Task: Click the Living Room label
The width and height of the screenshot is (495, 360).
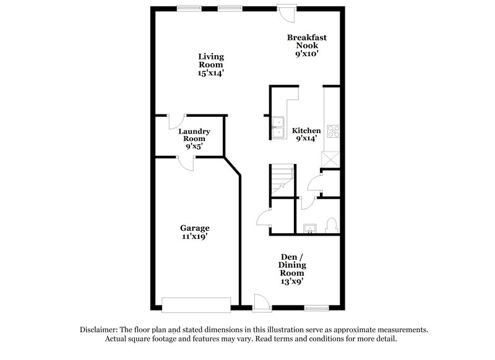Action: click(x=210, y=64)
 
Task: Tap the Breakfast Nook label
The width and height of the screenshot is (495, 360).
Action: click(x=307, y=45)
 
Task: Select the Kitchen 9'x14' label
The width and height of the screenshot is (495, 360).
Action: click(x=306, y=134)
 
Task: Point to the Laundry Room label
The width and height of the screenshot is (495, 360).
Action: click(x=194, y=139)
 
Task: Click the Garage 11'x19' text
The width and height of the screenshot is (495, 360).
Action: click(x=194, y=232)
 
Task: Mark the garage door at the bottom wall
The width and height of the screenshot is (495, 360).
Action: click(x=196, y=304)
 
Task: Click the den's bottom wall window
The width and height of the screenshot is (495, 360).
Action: click(x=316, y=307)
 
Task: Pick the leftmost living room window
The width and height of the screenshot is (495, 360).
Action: click(x=184, y=8)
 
